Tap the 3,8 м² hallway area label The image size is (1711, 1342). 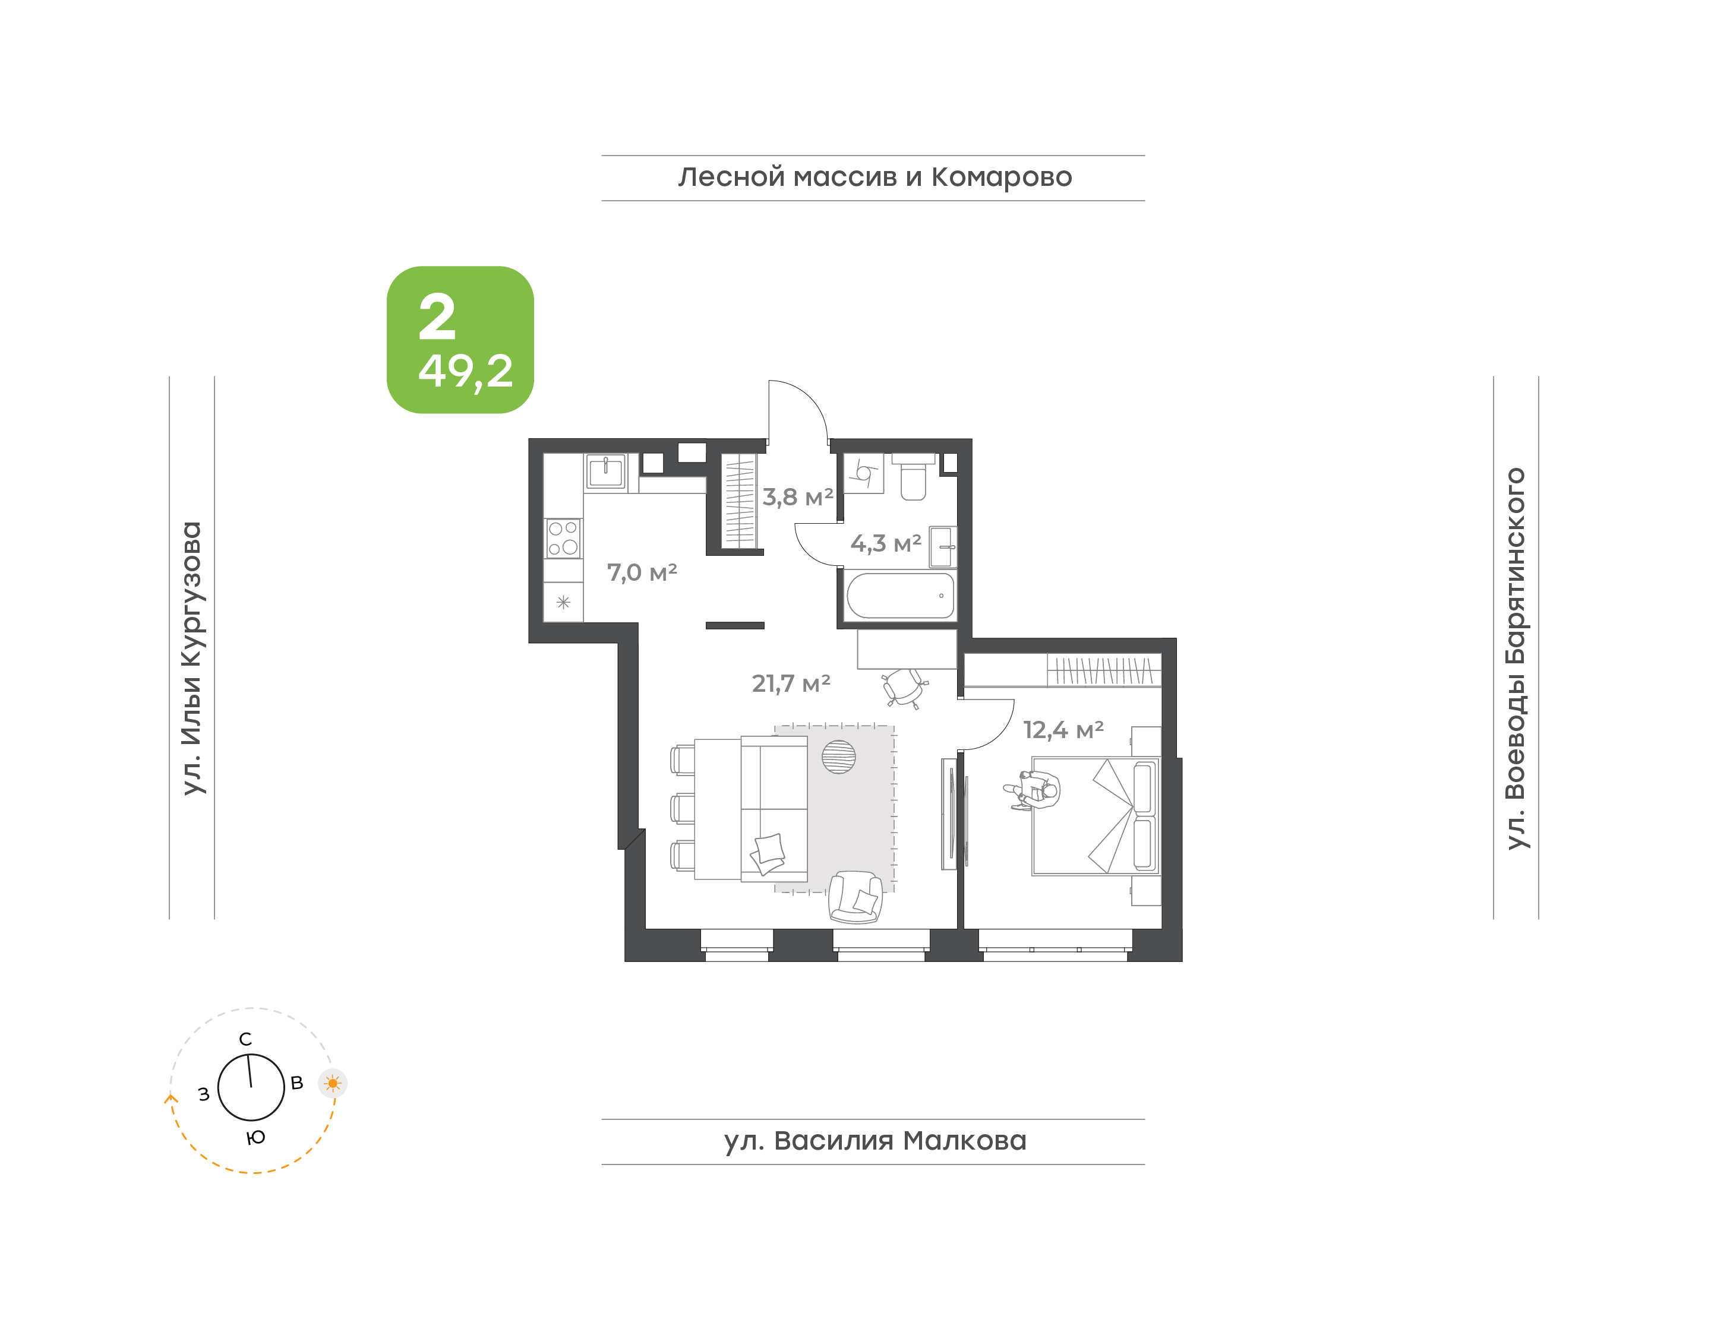798,498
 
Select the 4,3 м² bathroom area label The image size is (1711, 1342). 886,543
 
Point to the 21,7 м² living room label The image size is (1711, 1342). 791,683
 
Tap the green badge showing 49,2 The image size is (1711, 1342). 460,340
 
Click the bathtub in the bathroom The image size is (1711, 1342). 900,596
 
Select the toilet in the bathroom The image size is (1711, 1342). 913,476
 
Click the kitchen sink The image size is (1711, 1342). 605,471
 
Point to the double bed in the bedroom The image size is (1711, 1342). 1096,816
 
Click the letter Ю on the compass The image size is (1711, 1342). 255,1137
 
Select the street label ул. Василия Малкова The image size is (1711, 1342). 875,1140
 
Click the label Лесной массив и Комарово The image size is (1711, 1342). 875,177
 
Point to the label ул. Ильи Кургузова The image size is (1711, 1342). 192,659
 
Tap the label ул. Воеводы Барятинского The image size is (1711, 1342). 1516,659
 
